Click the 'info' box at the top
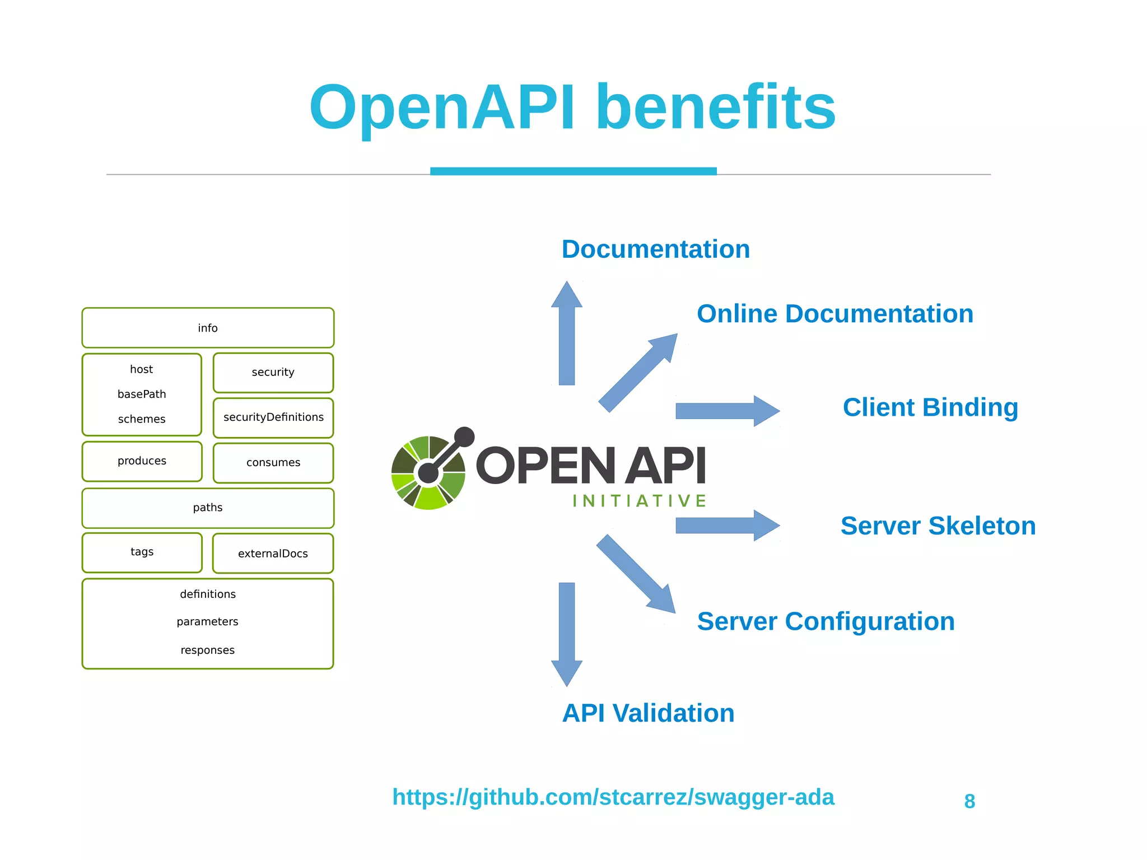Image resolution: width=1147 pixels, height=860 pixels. (208, 328)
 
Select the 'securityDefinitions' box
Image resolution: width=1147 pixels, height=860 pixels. (273, 417)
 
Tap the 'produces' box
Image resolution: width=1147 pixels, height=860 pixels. (142, 461)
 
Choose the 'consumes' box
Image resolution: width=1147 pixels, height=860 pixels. (273, 463)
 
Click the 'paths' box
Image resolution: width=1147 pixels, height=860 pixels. (208, 508)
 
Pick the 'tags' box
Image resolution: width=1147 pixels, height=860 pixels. (142, 552)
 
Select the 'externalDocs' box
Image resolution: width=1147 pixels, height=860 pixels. (273, 554)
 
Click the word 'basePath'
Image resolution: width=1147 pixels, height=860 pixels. (142, 394)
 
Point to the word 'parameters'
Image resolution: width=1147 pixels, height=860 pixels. (207, 622)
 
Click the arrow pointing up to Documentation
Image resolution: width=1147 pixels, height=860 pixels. (567, 336)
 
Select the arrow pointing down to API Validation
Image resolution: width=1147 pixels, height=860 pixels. (567, 633)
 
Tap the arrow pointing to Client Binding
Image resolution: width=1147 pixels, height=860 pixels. (727, 411)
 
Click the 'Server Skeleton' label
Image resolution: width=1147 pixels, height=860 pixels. (938, 526)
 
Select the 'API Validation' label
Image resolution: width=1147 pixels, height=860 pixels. (648, 713)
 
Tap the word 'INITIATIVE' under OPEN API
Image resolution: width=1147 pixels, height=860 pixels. (639, 501)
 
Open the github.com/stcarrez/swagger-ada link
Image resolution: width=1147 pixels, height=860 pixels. (613, 797)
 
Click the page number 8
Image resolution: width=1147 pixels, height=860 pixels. (969, 802)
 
